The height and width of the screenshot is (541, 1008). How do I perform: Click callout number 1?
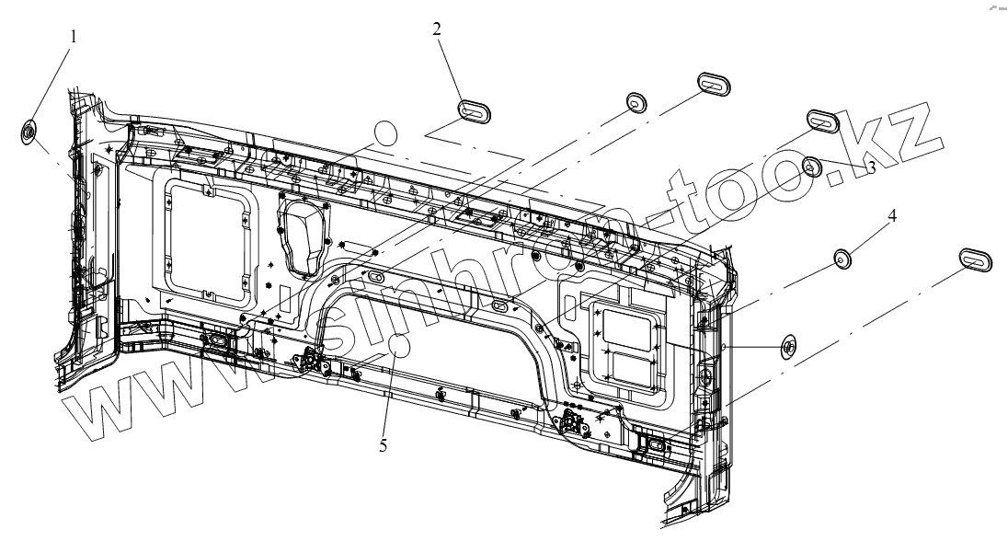coord(74,38)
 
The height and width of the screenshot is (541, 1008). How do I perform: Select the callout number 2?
coord(437,29)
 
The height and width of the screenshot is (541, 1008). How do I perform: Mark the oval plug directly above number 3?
coord(824,121)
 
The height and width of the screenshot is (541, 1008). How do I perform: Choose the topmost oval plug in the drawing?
coord(714,83)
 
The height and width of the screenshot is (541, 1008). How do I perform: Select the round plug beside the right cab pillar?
coord(788,346)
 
